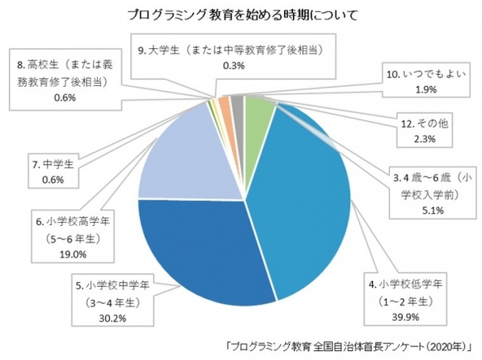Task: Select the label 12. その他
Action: pos(416,123)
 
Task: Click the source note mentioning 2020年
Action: pos(348,346)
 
